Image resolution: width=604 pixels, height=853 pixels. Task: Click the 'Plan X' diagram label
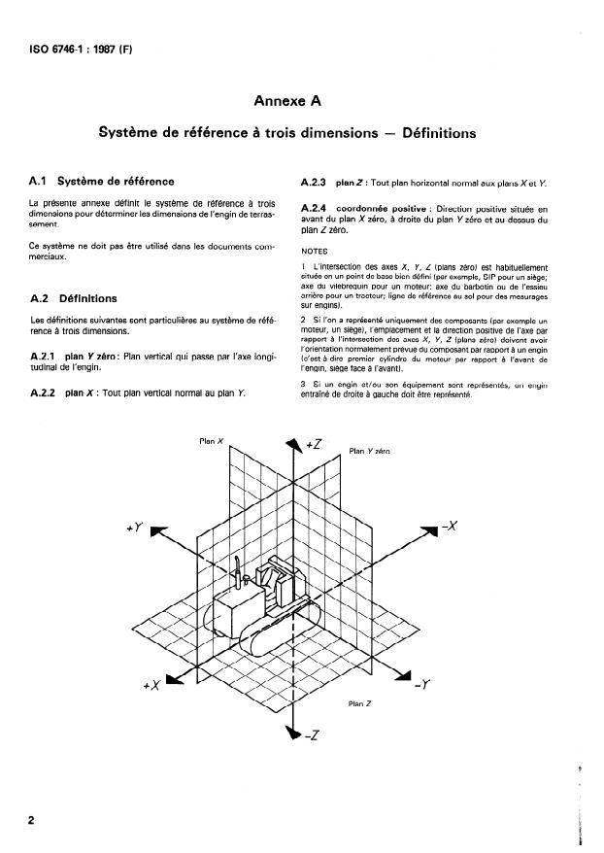[211, 441]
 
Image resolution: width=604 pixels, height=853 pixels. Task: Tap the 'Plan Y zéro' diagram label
[369, 451]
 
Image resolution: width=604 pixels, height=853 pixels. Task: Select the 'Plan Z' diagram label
[360, 701]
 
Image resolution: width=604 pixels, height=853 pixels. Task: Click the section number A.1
[40, 181]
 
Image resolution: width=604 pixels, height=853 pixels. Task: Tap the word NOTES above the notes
[315, 248]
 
